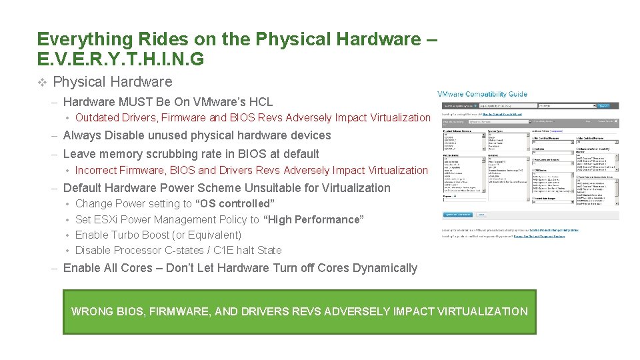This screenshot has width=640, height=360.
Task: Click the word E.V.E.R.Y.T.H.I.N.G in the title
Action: (x=121, y=60)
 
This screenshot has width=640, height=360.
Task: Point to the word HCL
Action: (x=259, y=102)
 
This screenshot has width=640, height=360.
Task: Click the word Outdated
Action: (x=98, y=118)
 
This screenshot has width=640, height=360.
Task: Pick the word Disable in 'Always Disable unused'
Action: (x=119, y=135)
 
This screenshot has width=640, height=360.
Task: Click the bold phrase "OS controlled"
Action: (x=234, y=204)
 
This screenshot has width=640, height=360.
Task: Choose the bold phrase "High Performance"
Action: (x=314, y=219)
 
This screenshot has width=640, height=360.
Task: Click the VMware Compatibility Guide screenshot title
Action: (x=482, y=94)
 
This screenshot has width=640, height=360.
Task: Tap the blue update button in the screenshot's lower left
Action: (x=458, y=215)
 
